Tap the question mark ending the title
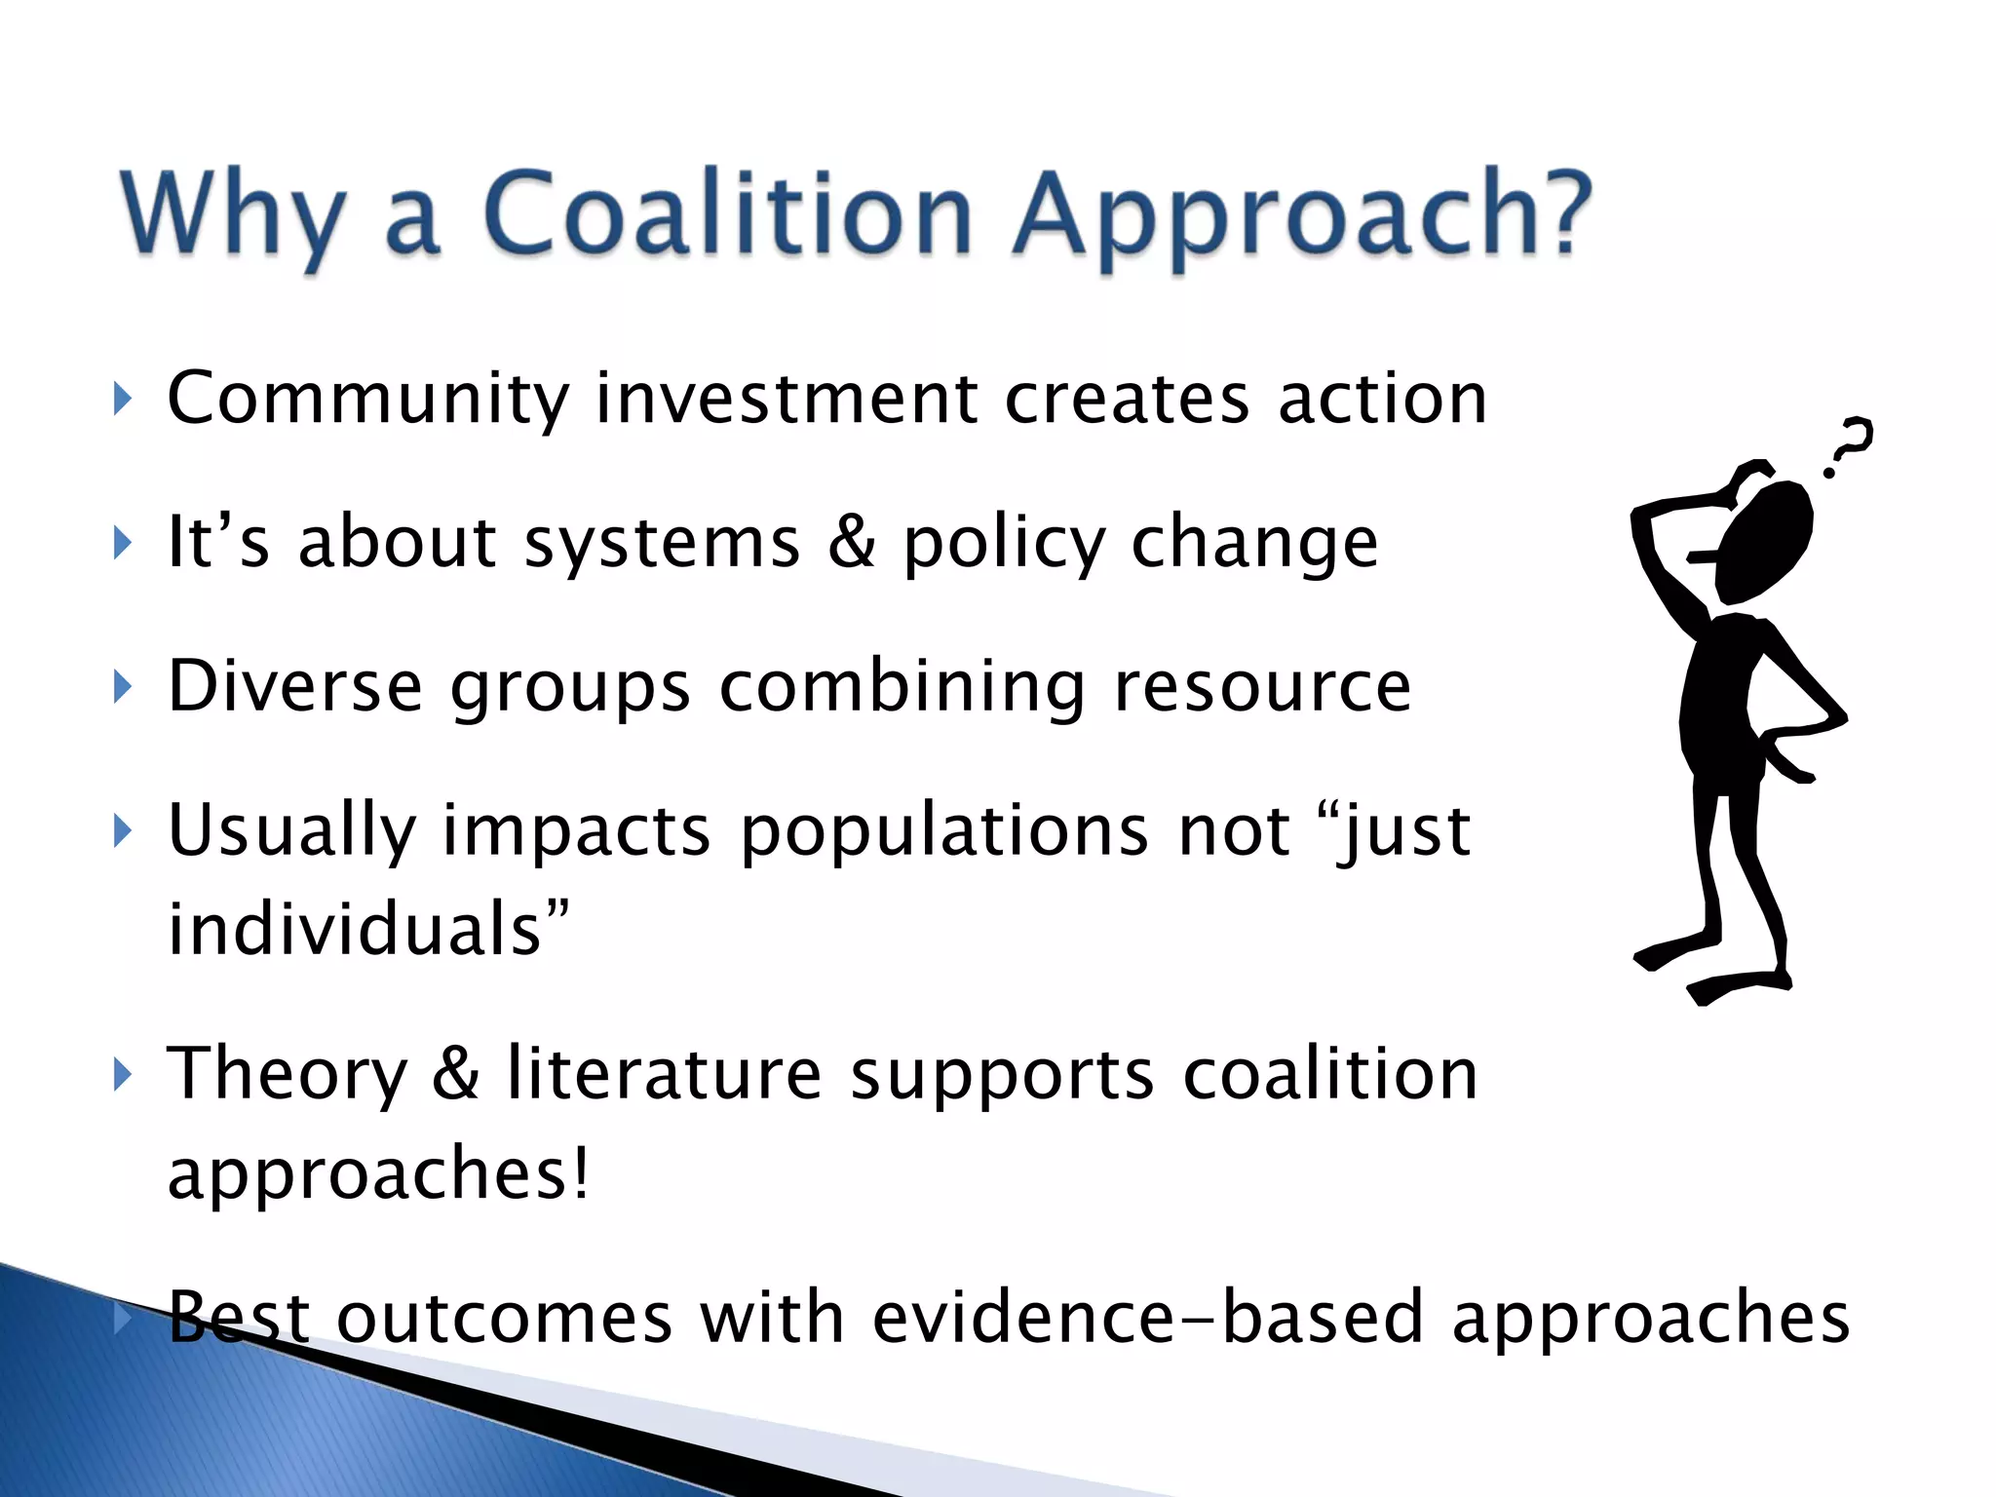[x=1556, y=212]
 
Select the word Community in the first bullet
[x=368, y=399]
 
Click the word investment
[x=787, y=399]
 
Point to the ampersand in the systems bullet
[x=851, y=542]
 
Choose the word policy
[x=1004, y=544]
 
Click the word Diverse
[x=294, y=686]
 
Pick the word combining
[x=902, y=688]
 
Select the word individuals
[x=355, y=929]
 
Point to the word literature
[x=665, y=1074]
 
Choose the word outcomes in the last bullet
[x=504, y=1318]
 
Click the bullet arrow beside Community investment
[x=122, y=399]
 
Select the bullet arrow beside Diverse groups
[x=122, y=687]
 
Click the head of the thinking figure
[x=1763, y=541]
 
